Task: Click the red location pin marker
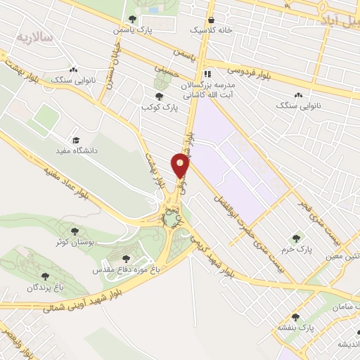(x=181, y=166)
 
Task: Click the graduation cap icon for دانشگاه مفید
(x=76, y=141)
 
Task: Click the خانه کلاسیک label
(x=211, y=30)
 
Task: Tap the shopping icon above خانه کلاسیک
(x=212, y=20)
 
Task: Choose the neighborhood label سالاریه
(x=34, y=35)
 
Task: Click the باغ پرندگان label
(x=46, y=287)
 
